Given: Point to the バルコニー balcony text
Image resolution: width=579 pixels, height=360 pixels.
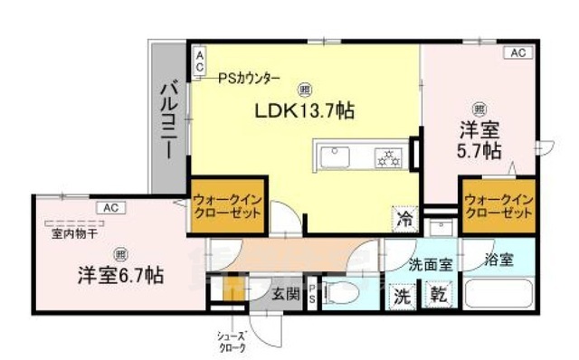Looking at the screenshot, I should (168, 119).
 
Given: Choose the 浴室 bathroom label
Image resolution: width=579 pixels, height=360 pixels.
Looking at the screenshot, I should (498, 261).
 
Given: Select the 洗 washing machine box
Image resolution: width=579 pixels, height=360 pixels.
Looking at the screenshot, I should (401, 294).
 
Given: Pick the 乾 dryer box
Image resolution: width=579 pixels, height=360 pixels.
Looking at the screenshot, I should (438, 294).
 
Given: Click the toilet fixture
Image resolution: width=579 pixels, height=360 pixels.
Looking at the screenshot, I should (345, 293).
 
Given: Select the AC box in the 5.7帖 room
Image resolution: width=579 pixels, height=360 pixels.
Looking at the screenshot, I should (517, 52).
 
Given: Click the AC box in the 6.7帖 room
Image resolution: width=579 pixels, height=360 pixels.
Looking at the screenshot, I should (110, 207).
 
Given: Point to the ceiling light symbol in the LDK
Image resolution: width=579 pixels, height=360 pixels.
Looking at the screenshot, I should (303, 89).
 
